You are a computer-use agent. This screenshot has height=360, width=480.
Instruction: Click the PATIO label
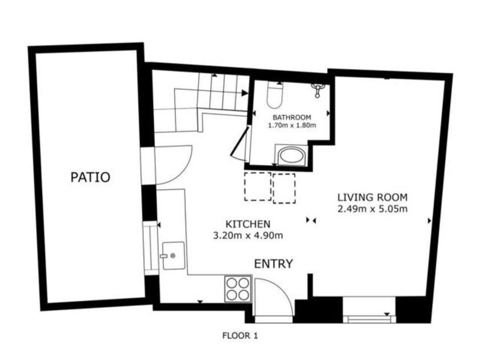[x=90, y=177]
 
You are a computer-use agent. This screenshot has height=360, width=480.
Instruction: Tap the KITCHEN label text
[x=248, y=224]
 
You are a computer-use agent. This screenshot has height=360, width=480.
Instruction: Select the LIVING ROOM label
[x=373, y=197]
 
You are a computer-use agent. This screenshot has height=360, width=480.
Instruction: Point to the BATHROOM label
[x=292, y=117]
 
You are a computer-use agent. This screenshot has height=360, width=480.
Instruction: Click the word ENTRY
[x=273, y=263]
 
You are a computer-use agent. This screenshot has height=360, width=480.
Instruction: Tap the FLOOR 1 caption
[x=240, y=336]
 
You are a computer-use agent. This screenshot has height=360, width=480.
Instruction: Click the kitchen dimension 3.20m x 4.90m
[x=248, y=235]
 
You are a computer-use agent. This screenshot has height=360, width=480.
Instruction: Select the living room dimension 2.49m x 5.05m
[x=373, y=209]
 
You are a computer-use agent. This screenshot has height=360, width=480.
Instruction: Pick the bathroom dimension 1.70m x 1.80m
[x=292, y=125]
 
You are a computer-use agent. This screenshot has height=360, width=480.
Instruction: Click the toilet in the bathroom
[x=275, y=95]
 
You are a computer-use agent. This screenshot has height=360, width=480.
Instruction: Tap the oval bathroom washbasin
[x=292, y=156]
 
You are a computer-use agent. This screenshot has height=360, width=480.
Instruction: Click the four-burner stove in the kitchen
[x=238, y=289]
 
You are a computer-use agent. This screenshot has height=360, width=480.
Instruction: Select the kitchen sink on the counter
[x=173, y=255]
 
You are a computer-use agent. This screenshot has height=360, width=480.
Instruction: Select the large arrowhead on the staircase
[x=245, y=93]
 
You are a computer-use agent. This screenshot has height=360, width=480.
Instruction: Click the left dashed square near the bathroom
[x=258, y=186]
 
